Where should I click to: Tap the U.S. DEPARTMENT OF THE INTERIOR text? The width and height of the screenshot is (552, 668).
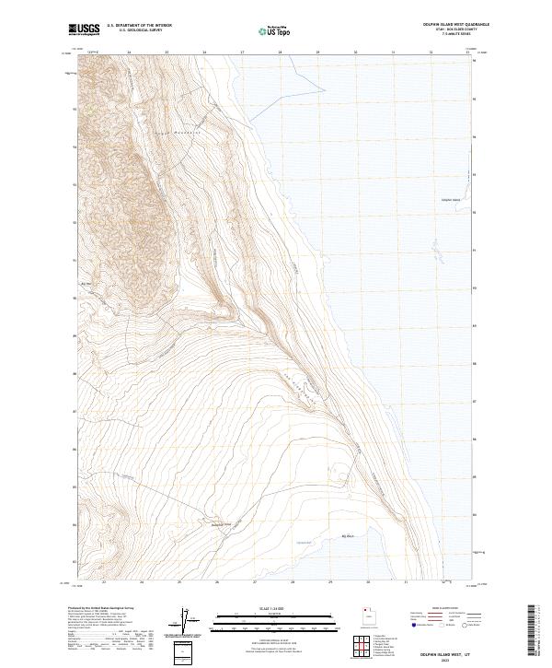click(x=139, y=26)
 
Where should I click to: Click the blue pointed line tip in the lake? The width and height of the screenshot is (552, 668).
click(x=326, y=89)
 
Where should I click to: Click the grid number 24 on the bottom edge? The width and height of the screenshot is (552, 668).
click(x=142, y=581)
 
